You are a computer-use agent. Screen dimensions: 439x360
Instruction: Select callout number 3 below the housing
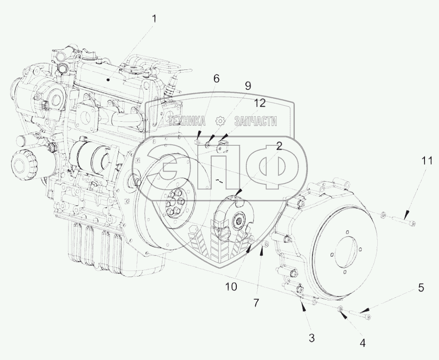312,338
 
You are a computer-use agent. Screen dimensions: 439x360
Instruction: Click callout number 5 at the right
420,287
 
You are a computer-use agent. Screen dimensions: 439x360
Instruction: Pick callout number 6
216,79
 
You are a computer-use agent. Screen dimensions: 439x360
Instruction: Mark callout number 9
248,85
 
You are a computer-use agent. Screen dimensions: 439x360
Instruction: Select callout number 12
259,104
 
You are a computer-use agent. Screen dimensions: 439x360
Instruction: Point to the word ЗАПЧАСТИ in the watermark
255,121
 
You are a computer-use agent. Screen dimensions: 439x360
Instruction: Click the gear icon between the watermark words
220,121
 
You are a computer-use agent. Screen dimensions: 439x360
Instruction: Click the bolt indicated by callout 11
402,221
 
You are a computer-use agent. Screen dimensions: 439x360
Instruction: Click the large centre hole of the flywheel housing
349,252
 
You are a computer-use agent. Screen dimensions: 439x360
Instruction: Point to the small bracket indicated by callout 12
222,147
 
